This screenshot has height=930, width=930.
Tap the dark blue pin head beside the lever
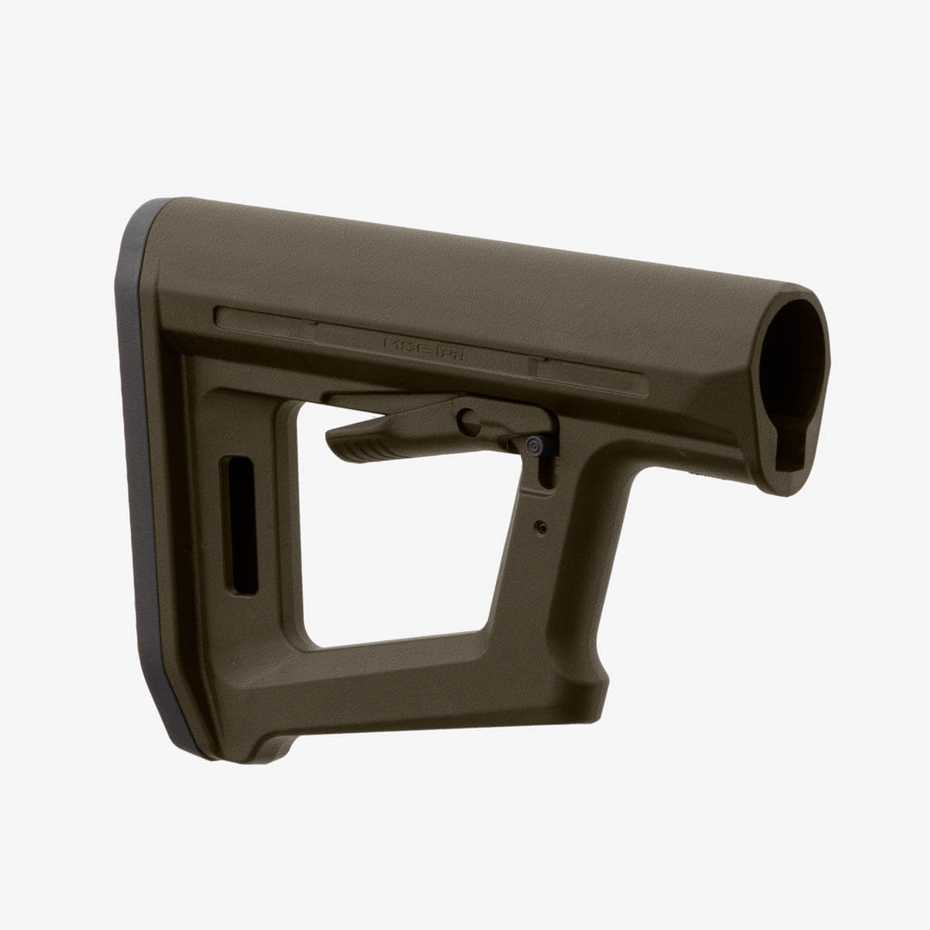point(533,446)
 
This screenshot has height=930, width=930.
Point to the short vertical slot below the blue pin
point(549,473)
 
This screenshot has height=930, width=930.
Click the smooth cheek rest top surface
point(465,263)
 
